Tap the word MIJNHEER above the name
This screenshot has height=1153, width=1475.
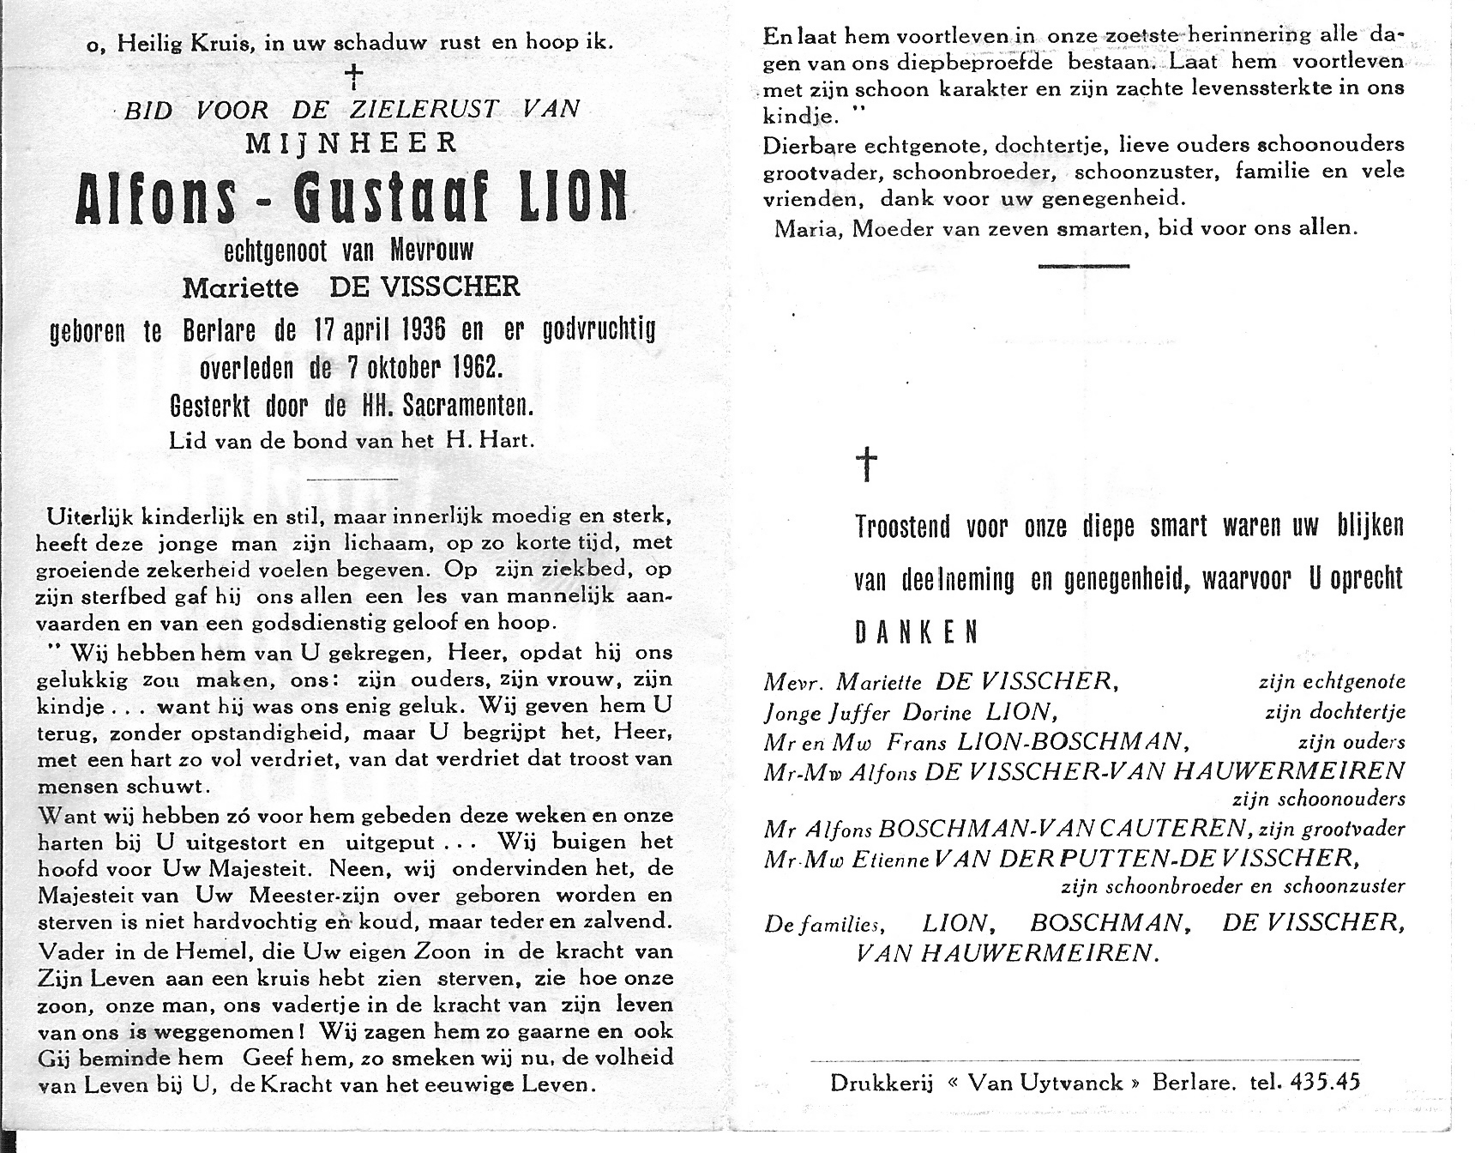click(x=351, y=142)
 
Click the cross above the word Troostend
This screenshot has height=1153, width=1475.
click(x=867, y=464)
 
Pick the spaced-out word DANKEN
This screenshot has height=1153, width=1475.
click(x=916, y=632)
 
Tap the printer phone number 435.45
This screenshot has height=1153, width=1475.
click(x=1324, y=1082)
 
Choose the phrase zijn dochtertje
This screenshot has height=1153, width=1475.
click(x=1334, y=713)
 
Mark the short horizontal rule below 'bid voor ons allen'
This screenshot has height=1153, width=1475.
click(x=1083, y=266)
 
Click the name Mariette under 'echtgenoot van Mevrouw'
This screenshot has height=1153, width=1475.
click(x=240, y=287)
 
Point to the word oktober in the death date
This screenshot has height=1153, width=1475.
click(x=396, y=367)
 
